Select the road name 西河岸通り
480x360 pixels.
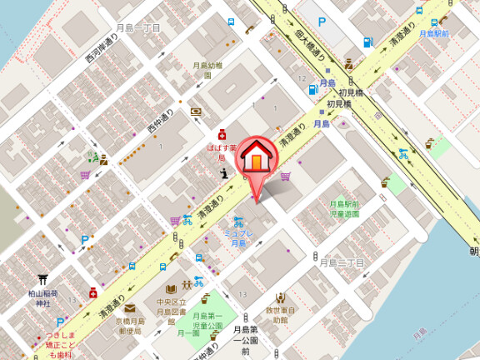click(x=101, y=59)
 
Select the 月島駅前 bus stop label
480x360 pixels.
click(x=433, y=33)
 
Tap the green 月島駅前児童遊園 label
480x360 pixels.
click(x=343, y=208)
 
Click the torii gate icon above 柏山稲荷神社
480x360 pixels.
click(x=42, y=281)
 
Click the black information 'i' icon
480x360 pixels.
click(x=224, y=173)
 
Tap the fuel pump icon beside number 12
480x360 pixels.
click(x=313, y=88)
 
